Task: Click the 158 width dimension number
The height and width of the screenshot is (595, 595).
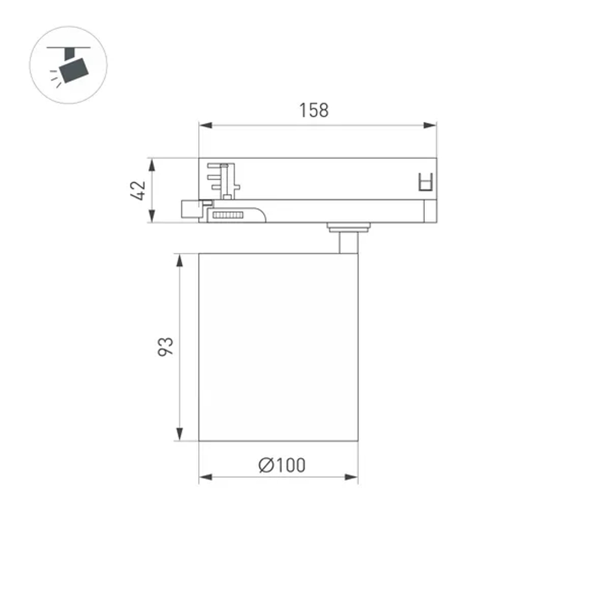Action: point(314,110)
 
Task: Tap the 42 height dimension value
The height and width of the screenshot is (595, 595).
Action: point(138,190)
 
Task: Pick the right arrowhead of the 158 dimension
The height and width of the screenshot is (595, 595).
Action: point(430,126)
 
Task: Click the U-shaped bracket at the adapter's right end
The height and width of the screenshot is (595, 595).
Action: point(425,181)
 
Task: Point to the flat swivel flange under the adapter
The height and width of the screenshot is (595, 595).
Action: point(348,226)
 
